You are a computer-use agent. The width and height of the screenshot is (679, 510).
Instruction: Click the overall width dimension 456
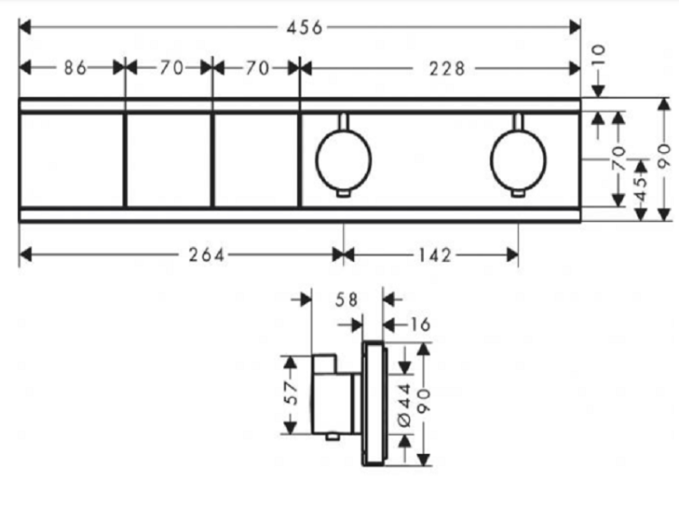(304, 27)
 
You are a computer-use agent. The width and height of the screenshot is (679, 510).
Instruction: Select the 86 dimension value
(75, 68)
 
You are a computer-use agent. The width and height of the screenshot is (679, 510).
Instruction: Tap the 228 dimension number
(447, 69)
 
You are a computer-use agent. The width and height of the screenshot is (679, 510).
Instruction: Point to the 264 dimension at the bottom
(206, 255)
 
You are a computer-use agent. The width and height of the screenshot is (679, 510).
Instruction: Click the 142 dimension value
(435, 255)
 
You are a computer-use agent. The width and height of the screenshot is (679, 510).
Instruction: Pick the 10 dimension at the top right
(598, 55)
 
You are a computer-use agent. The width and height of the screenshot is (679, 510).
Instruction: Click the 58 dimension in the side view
(347, 300)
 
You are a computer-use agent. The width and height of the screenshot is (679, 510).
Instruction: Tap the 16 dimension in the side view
(419, 324)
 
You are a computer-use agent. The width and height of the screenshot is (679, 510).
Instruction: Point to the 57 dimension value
(292, 393)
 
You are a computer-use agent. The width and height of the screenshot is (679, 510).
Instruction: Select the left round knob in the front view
(343, 160)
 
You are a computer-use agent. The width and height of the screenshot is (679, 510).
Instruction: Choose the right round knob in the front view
(518, 160)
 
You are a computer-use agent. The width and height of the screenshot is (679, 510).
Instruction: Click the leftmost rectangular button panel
(72, 160)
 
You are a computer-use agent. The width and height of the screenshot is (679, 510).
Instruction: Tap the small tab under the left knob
(343, 193)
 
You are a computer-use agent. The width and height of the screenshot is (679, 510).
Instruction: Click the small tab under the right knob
(518, 193)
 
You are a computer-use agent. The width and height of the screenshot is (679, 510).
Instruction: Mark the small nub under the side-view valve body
(332, 437)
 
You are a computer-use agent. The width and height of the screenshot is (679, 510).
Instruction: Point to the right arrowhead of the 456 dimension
(575, 28)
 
